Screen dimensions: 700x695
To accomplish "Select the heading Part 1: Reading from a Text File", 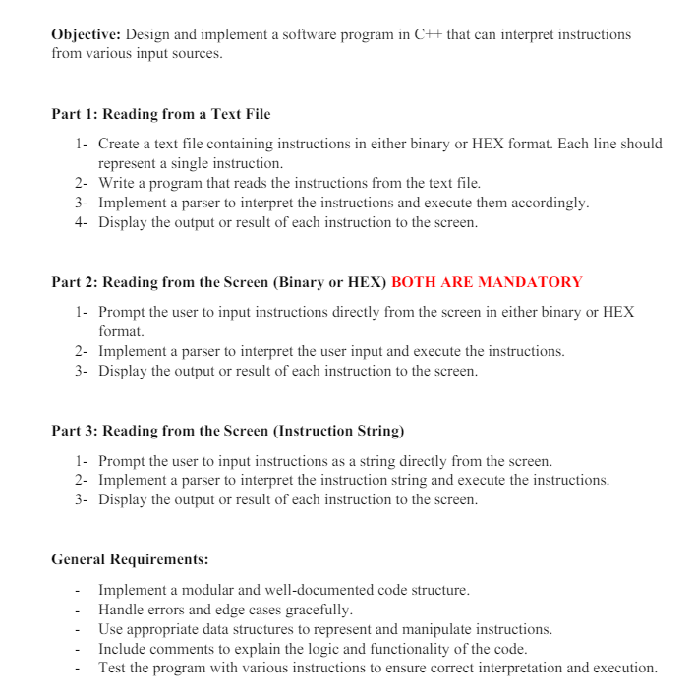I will click(160, 114).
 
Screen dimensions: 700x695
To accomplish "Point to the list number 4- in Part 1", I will click(82, 222).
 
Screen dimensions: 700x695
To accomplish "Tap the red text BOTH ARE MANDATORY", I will click(487, 282).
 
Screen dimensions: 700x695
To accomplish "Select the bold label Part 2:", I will click(75, 282).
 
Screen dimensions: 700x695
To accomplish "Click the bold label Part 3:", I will click(75, 431).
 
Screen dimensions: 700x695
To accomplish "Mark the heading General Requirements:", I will click(130, 559).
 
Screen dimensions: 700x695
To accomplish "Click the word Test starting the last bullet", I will click(112, 669).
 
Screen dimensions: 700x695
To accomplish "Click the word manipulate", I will click(423, 629).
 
